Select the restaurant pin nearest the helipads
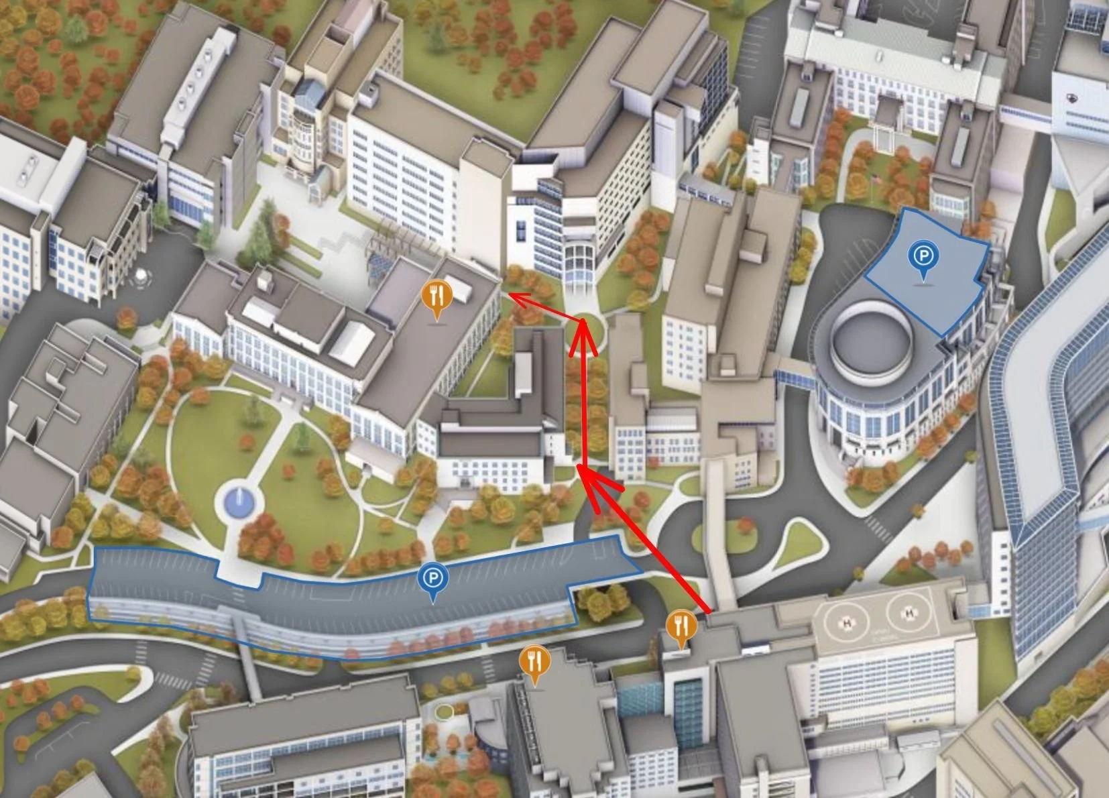click(x=681, y=628)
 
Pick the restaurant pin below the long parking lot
click(x=534, y=663)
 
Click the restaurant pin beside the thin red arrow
click(x=437, y=296)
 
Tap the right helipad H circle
click(x=909, y=612)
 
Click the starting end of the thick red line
click(x=709, y=612)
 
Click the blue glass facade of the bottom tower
click(x=688, y=711)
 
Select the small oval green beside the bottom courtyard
click(x=443, y=711)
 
